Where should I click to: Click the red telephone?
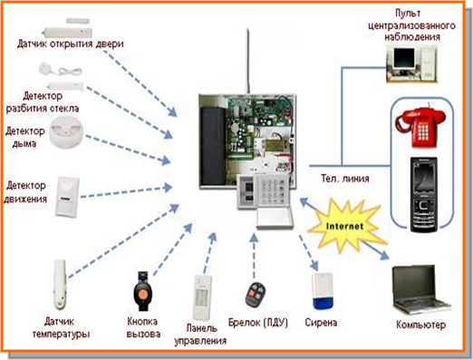click(x=420, y=125)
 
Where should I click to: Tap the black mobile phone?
click(x=424, y=195)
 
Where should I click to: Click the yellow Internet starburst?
click(x=345, y=226)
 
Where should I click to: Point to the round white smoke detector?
click(x=66, y=131)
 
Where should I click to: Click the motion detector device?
click(x=67, y=197)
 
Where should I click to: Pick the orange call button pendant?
click(x=142, y=291)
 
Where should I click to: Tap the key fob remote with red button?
click(x=256, y=294)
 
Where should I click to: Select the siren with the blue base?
click(x=323, y=290)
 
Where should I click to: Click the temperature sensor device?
click(x=60, y=285)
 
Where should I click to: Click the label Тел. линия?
click(x=345, y=179)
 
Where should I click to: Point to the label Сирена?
click(x=321, y=323)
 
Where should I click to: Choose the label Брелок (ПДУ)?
click(x=258, y=323)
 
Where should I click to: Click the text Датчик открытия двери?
click(x=71, y=44)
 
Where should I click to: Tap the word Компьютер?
click(x=420, y=325)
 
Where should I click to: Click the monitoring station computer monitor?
click(x=403, y=58)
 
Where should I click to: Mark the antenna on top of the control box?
click(x=248, y=61)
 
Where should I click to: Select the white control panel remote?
click(x=202, y=297)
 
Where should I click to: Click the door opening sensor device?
click(x=67, y=28)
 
